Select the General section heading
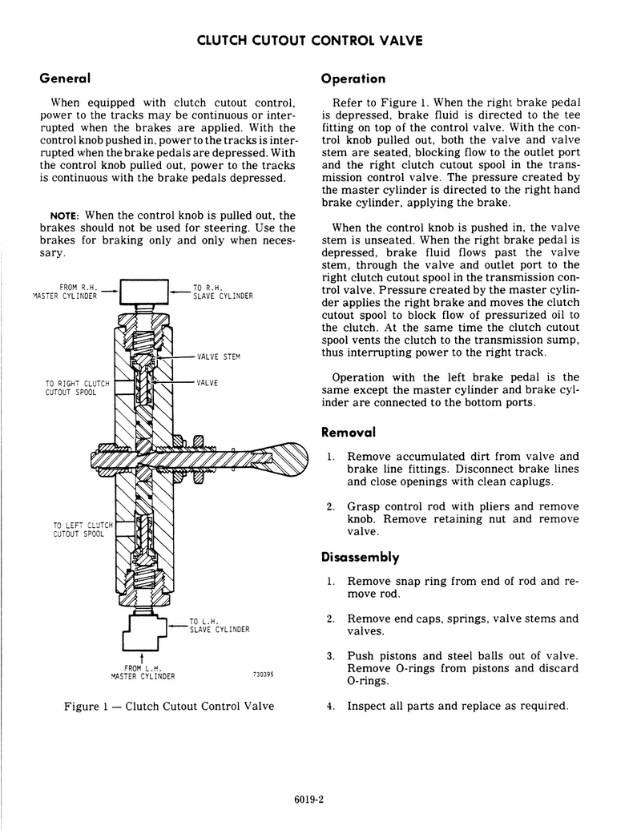64,79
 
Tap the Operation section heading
353,79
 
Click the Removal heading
349,432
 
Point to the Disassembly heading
360,557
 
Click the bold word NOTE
63,216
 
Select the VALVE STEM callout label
218,357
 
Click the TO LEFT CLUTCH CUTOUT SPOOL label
78,530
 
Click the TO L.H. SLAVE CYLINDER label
219,625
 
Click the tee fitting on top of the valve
145,291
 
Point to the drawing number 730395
263,674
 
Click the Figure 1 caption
169,706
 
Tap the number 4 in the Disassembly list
330,706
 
